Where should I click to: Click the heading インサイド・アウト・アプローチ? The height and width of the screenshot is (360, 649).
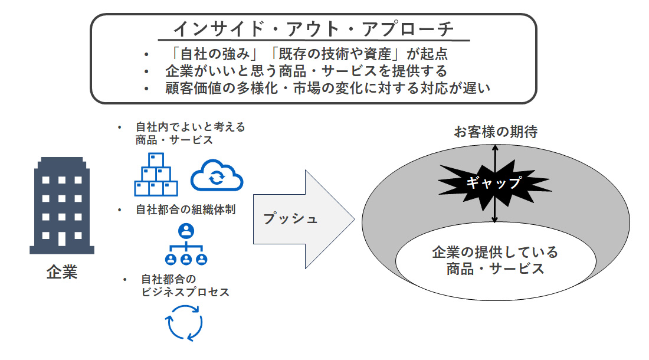pos(313,28)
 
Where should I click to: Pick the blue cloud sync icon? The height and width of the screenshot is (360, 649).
pos(217,175)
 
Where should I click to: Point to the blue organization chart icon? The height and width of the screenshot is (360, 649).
pos(186,245)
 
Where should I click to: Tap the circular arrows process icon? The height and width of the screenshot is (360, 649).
pos(185,322)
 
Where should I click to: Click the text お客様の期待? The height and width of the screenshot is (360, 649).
pos(496,131)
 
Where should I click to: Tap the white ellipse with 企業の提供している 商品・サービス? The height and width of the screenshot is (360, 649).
pos(494,260)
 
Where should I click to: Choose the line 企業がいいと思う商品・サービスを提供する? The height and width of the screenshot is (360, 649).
pos(306,71)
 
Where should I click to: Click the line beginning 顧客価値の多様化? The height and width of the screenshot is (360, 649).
pos(328,89)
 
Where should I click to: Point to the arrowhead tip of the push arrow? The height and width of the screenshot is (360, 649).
pos(354,219)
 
